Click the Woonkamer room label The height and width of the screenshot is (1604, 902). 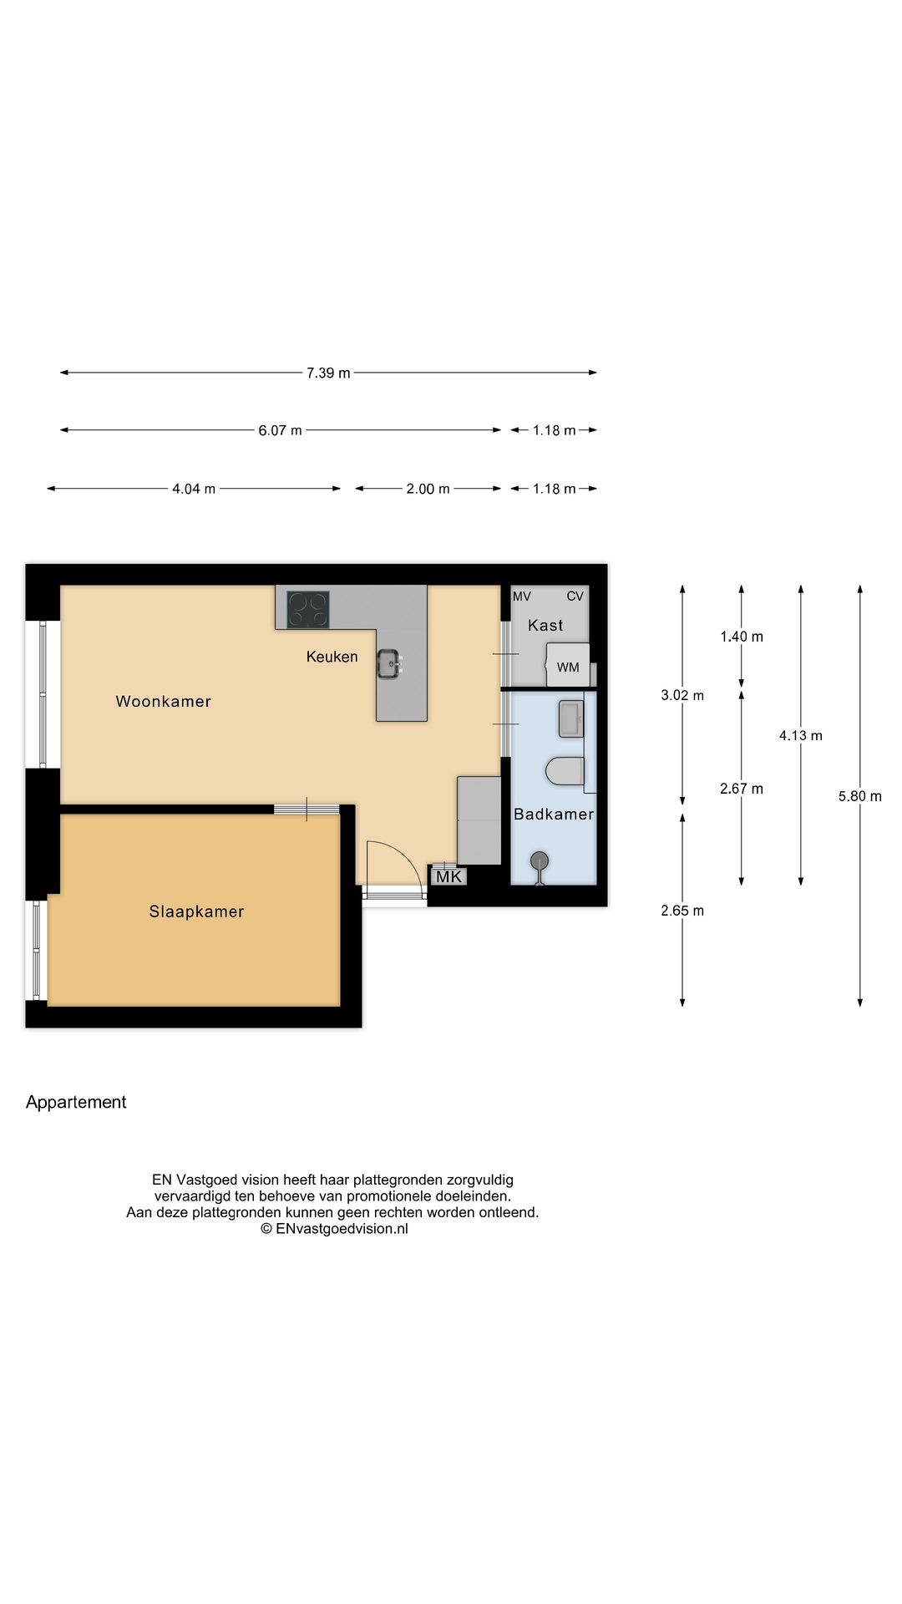(163, 702)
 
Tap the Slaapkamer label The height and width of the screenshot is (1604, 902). (196, 911)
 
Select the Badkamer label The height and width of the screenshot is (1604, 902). (554, 815)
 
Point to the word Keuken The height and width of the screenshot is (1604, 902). (332, 657)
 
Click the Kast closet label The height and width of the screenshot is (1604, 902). (545, 625)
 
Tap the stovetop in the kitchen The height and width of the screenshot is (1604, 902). (308, 610)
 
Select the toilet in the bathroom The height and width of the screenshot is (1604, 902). (565, 771)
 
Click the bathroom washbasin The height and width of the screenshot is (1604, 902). (571, 718)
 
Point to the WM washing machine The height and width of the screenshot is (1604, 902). (568, 665)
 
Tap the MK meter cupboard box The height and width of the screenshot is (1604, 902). (448, 876)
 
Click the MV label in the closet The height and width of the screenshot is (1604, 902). (521, 596)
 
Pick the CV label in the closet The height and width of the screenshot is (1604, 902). (575, 596)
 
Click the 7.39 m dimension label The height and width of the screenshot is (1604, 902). (328, 373)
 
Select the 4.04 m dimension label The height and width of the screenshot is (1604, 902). (194, 489)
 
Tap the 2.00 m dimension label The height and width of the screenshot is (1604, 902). (428, 489)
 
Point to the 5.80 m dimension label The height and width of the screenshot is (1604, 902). (860, 796)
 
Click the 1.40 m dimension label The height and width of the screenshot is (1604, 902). (742, 637)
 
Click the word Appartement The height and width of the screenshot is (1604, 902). (76, 1102)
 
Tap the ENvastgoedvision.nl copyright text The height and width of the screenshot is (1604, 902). (334, 1228)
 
